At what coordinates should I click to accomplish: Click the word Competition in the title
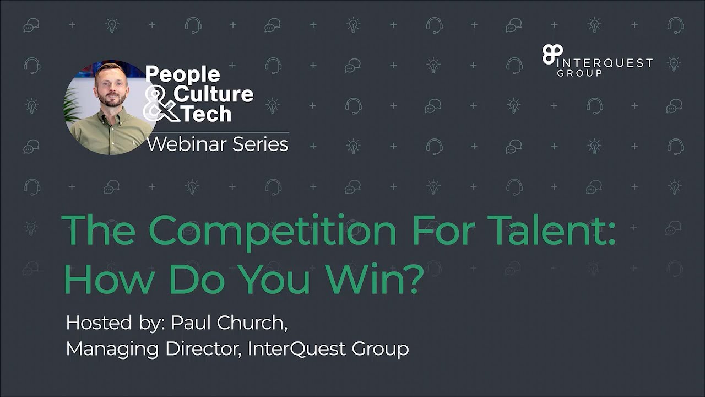tap(273, 230)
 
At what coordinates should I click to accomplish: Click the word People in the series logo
tap(182, 74)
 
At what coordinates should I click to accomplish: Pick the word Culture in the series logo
tap(214, 94)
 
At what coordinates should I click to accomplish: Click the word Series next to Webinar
tap(260, 144)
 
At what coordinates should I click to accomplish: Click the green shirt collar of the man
tap(110, 117)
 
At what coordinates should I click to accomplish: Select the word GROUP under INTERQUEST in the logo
tap(579, 73)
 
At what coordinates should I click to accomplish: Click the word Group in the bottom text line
tap(381, 349)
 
